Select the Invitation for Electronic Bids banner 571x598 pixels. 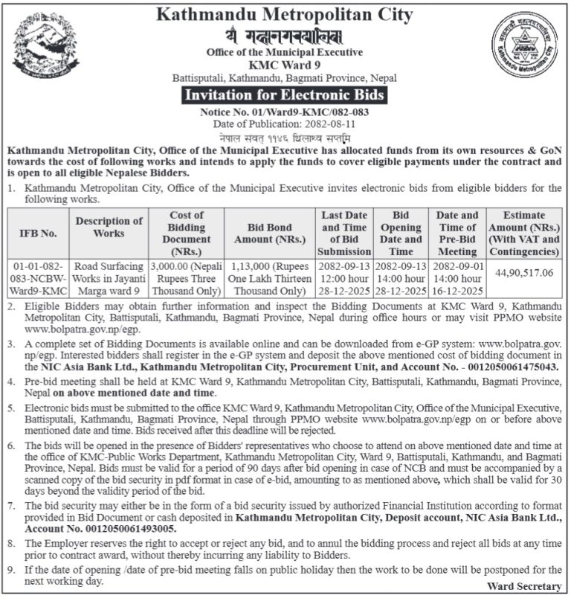coord(285,95)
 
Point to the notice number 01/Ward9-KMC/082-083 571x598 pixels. coord(285,110)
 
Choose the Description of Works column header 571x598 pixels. coord(109,227)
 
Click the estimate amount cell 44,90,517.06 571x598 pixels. coord(524,273)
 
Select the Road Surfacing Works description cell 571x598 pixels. coord(109,278)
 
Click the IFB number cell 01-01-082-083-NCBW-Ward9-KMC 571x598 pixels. coord(37,278)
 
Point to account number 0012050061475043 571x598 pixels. coord(509,367)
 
